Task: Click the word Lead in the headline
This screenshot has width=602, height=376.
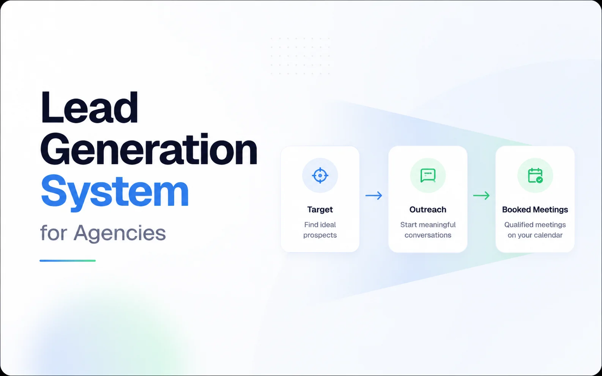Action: [x=89, y=107]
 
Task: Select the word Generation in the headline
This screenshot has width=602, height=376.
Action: [x=149, y=149]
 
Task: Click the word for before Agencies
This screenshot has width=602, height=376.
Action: [x=54, y=232]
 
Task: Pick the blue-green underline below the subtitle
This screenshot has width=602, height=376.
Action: [x=68, y=260]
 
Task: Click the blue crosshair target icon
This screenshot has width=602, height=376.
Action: [x=320, y=175]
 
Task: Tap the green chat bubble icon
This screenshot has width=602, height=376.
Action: [x=427, y=175]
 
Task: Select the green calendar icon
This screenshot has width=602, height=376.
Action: [x=535, y=175]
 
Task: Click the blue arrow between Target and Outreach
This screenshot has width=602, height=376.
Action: [x=373, y=195]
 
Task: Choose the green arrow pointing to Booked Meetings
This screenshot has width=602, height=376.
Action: [x=481, y=195]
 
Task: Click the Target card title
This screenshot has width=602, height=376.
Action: [x=320, y=210]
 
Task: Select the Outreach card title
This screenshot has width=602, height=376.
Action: [x=427, y=209]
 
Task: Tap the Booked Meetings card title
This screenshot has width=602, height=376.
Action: [x=535, y=210]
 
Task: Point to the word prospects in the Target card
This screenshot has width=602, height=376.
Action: [x=320, y=235]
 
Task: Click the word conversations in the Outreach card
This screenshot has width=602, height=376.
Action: [x=428, y=235]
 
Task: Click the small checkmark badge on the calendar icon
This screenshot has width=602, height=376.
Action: [x=539, y=180]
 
